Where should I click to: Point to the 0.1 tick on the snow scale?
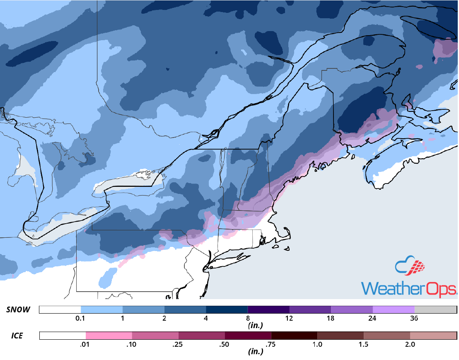[x=81, y=319]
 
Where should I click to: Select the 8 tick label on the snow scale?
[x=248, y=319]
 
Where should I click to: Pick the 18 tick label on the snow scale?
[x=331, y=319]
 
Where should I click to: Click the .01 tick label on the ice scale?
[x=86, y=344]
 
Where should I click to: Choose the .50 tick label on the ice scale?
[x=225, y=344]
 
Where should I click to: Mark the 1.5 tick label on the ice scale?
[x=363, y=344]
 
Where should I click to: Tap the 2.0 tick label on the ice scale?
[x=410, y=344]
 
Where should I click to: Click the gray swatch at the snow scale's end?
[x=435, y=310]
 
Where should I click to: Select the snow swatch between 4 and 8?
[x=227, y=310]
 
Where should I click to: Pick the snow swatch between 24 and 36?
[x=394, y=310]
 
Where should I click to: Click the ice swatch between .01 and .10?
[x=109, y=335]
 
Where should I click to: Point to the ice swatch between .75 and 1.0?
[x=294, y=335]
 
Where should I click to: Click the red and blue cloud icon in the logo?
[x=410, y=268]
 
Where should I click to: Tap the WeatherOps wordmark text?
[x=409, y=288]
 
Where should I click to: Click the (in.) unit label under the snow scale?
[x=255, y=326]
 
